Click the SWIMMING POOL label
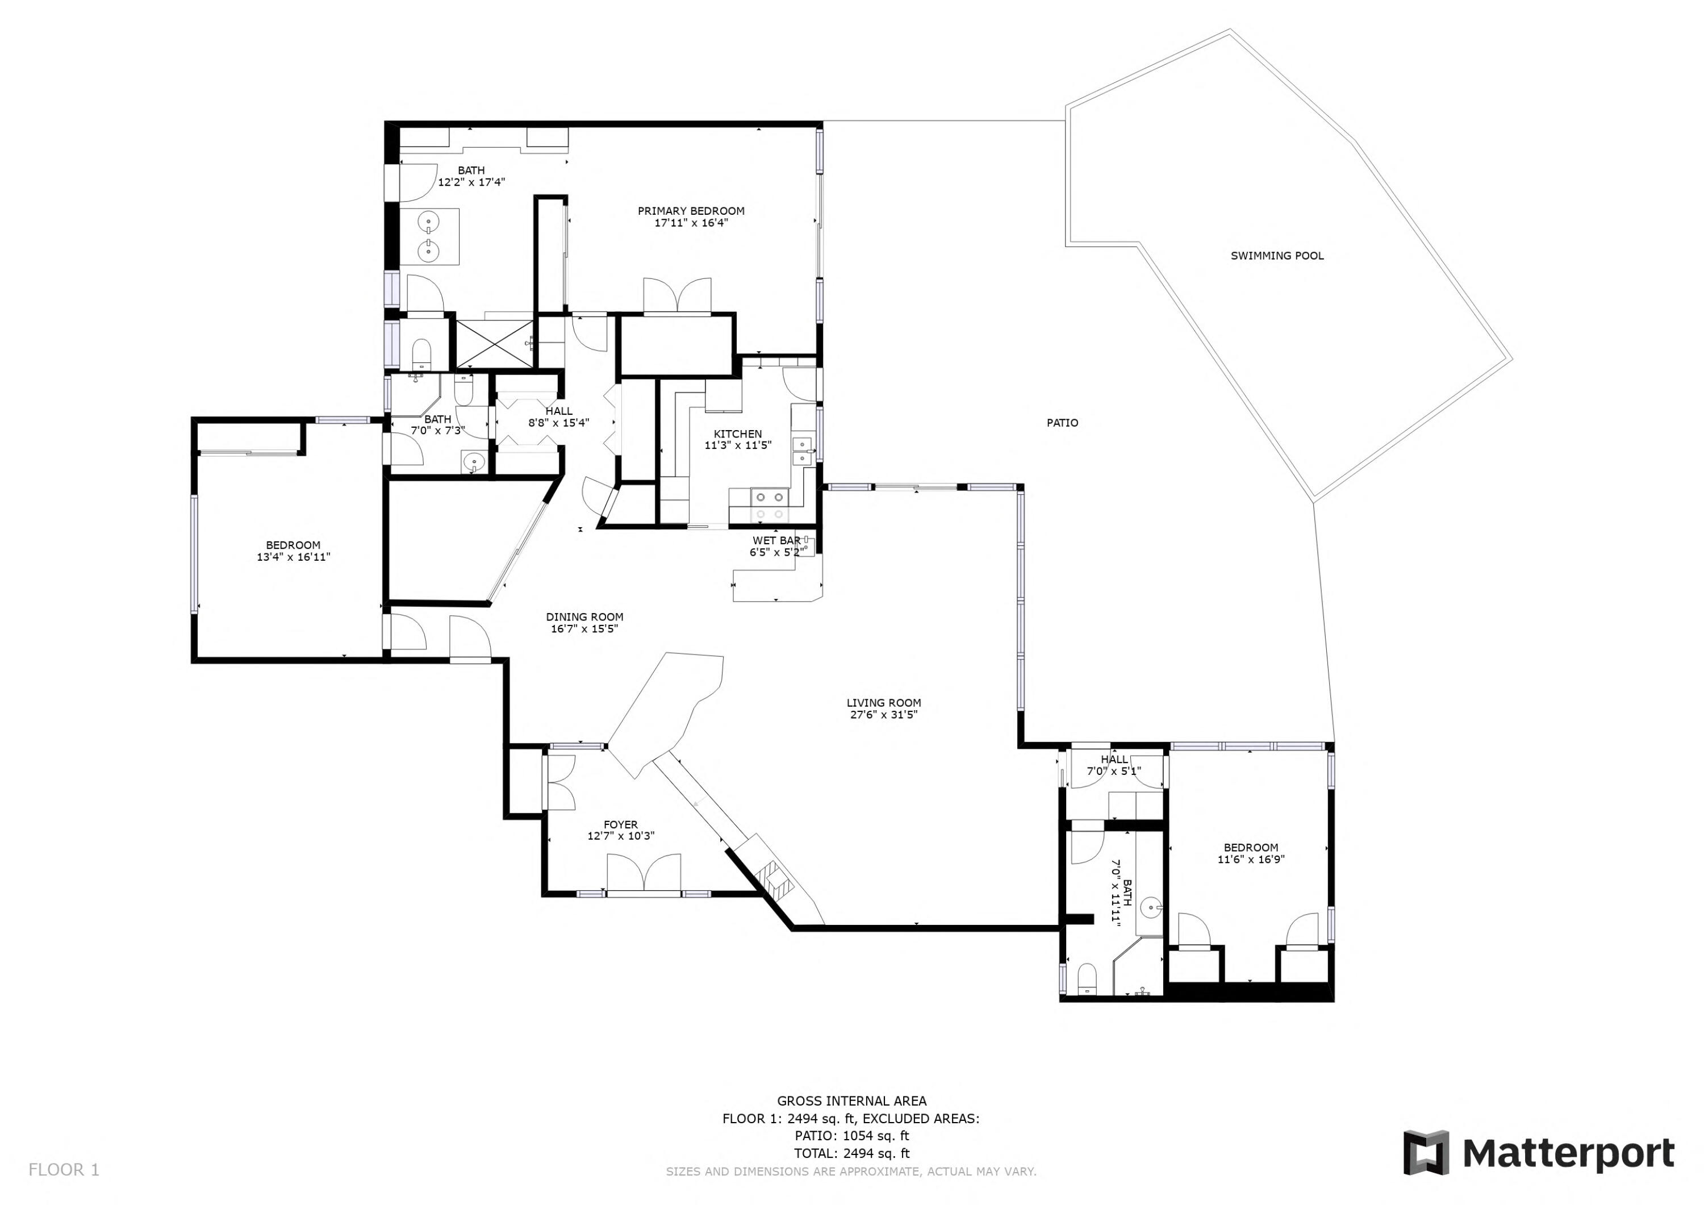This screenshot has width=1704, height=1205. (1276, 256)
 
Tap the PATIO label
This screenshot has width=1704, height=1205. (1062, 423)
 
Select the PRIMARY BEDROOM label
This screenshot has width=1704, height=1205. (691, 211)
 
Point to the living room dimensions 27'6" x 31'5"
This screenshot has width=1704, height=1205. (883, 715)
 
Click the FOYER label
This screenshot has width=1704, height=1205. (620, 825)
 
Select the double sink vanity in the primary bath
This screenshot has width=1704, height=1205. (429, 236)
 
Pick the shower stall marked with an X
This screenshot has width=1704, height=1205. (494, 344)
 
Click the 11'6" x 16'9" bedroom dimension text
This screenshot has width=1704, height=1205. (1251, 860)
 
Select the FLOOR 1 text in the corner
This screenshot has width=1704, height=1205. (63, 1170)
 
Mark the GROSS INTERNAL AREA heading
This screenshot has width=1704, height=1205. (851, 1101)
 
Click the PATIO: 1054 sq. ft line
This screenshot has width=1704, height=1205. (851, 1136)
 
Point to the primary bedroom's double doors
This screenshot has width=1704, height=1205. (677, 295)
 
